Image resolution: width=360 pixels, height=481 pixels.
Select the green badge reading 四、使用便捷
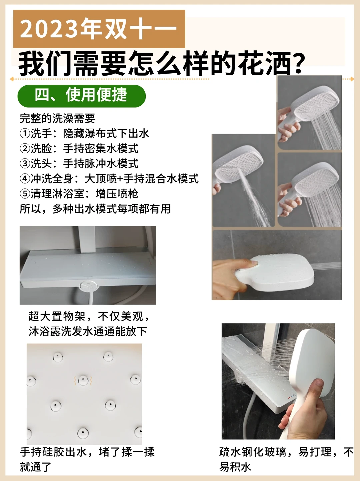(82, 96)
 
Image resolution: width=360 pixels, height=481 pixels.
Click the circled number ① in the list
(25, 133)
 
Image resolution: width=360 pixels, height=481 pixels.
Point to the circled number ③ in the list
(25, 163)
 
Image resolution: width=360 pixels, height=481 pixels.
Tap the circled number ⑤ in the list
(25, 193)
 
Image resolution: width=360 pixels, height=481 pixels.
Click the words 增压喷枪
(117, 193)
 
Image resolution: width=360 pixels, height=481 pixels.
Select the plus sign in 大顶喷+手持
(120, 179)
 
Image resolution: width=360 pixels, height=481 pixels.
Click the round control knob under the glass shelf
(88, 286)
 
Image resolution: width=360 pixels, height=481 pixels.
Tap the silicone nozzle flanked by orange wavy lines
(83, 380)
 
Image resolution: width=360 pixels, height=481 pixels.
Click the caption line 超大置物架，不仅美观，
(89, 316)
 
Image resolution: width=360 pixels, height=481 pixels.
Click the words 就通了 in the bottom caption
(35, 467)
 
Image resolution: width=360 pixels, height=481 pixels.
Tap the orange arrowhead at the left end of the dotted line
(12, 79)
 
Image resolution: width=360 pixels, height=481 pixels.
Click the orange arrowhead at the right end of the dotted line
(352, 79)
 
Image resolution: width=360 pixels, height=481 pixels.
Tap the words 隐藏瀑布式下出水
(106, 133)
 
